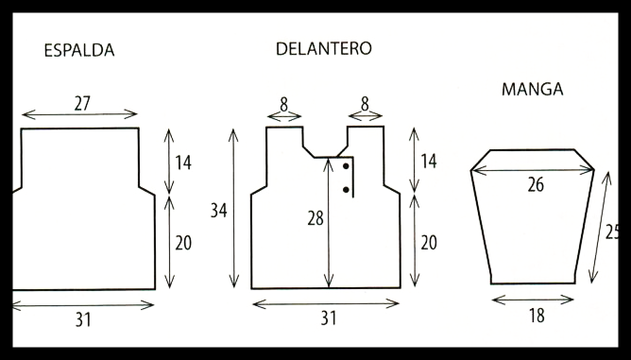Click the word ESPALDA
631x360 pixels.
coord(79,50)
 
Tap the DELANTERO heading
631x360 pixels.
coord(324,49)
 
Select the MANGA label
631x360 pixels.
coord(532,89)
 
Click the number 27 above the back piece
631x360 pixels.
coord(82,104)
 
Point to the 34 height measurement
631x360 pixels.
coord(219,211)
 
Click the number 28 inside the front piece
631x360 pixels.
coord(315,218)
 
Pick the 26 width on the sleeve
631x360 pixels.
coord(536,185)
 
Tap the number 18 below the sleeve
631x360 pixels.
coord(537,316)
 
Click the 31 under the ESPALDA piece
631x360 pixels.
coord(83,320)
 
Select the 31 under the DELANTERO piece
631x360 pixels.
coord(329,318)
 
